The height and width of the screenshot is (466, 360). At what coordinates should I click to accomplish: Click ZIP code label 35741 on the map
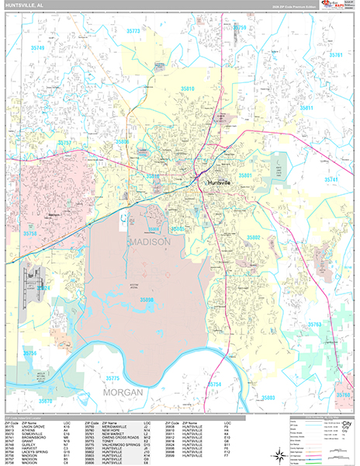(x=331, y=179)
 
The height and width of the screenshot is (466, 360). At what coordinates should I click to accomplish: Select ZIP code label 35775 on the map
(x=112, y=378)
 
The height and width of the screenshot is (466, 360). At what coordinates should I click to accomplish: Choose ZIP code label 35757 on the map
(x=64, y=144)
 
